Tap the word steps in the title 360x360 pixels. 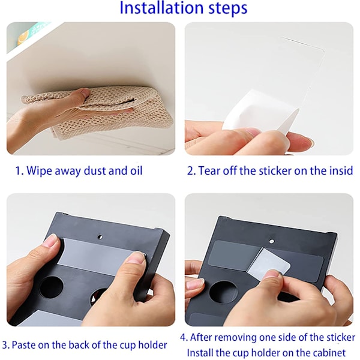(228, 9)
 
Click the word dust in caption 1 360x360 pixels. (95, 170)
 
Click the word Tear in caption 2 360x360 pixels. (208, 171)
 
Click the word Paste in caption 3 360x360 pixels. (23, 345)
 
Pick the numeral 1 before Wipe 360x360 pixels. (17, 171)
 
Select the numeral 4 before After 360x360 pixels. (183, 337)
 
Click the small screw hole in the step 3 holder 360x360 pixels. (100, 236)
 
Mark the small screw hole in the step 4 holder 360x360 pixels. (272, 241)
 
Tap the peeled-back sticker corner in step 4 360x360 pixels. (269, 261)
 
